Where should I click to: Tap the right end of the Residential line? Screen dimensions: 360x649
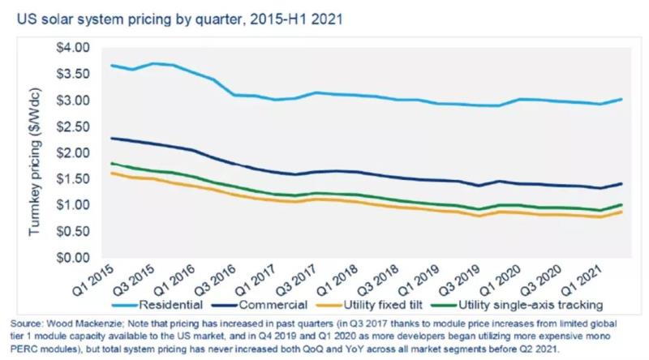coord(622,100)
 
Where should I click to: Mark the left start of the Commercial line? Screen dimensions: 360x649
coord(112,138)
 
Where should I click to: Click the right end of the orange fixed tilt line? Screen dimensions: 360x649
coord(622,212)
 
